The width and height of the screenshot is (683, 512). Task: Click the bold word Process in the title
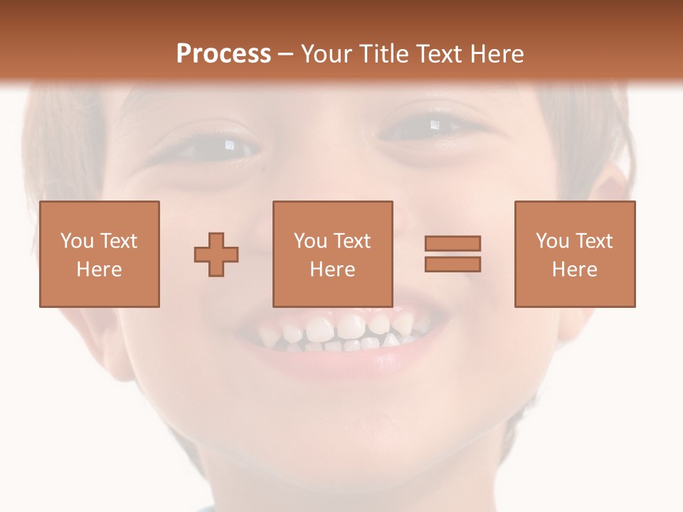[223, 54]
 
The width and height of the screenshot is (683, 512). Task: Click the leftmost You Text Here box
[99, 254]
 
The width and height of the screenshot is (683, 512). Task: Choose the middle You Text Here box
[332, 254]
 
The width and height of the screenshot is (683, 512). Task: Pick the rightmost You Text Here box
[574, 254]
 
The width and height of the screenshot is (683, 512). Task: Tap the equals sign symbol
[452, 254]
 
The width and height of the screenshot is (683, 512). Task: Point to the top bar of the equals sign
[452, 244]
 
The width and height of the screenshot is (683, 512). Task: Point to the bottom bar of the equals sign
[452, 264]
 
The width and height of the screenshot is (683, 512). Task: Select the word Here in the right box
[574, 270]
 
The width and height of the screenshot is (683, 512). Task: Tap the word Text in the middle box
[352, 241]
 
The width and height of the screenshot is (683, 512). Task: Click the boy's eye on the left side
[228, 147]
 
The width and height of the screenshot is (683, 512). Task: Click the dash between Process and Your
[286, 54]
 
